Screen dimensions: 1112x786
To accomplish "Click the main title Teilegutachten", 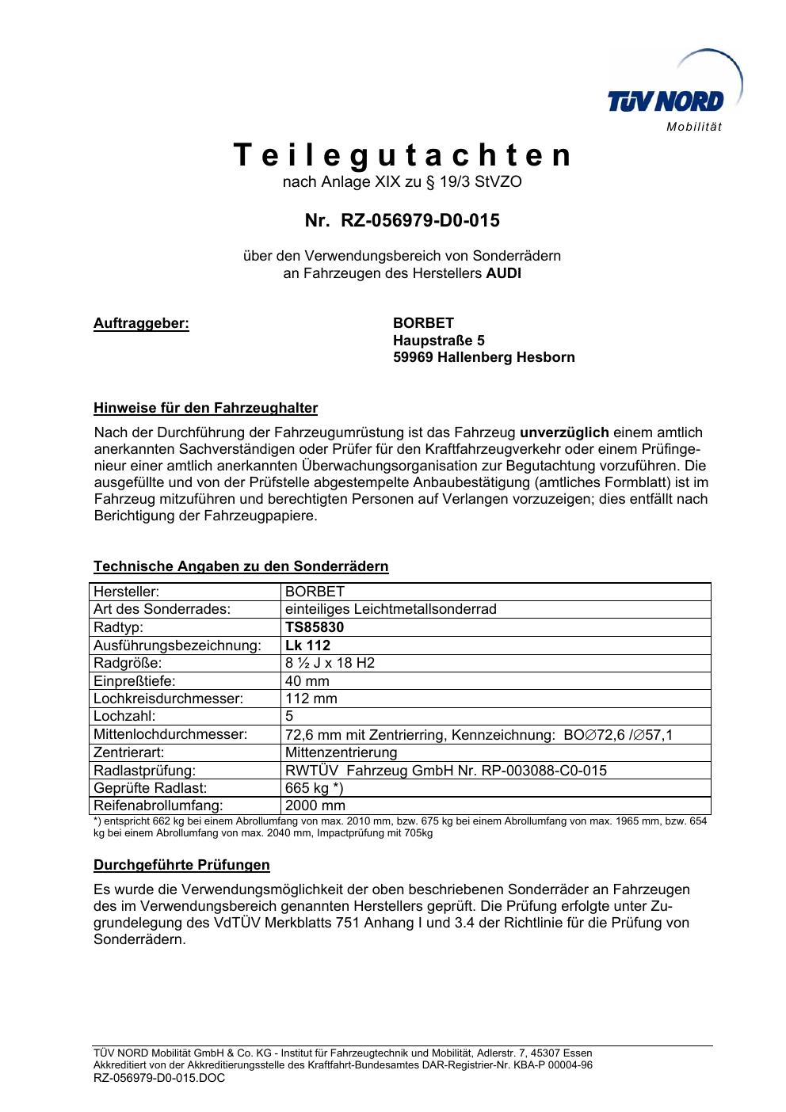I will click(x=403, y=155).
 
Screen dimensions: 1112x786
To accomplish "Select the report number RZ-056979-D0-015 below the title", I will click(x=420, y=220).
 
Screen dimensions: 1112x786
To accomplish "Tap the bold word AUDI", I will click(x=503, y=274).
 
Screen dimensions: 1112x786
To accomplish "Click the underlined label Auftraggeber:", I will click(x=142, y=323).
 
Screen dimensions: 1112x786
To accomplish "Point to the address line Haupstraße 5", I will click(x=439, y=341).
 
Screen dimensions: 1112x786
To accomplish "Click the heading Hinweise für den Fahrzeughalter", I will click(x=205, y=409).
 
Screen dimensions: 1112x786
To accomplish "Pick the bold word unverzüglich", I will click(x=564, y=432).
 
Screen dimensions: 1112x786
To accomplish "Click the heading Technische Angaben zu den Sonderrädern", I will click(x=241, y=566).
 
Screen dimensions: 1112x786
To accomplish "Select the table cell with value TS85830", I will click(x=315, y=627).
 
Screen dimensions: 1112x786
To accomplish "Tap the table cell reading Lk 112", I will click(x=307, y=645).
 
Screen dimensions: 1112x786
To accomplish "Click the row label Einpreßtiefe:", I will click(x=134, y=681).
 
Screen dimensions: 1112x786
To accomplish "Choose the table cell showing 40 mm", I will click(x=307, y=681).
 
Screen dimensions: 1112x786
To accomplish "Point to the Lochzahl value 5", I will click(x=289, y=717).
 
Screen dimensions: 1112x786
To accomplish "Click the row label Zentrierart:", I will click(x=128, y=752).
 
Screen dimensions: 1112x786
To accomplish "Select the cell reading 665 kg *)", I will click(x=315, y=788).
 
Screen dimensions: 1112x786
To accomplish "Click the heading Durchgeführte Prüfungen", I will click(x=181, y=865).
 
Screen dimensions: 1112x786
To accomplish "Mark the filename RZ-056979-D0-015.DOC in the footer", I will click(x=159, y=1078).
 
